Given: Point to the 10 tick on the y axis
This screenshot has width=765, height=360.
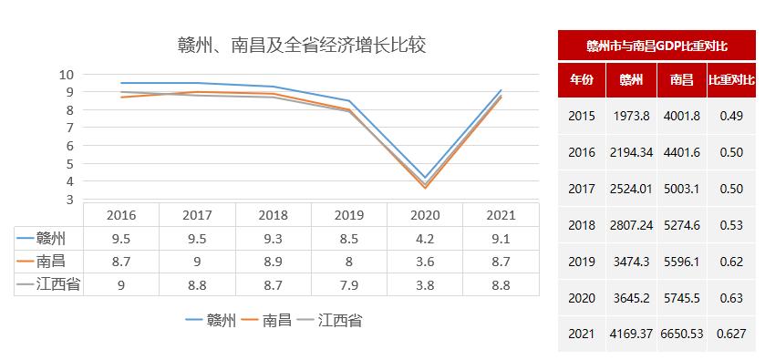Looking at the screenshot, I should click(x=67, y=74).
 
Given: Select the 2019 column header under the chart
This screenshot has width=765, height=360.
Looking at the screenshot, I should click(x=348, y=216).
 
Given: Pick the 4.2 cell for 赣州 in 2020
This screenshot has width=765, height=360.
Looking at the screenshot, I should click(x=424, y=239).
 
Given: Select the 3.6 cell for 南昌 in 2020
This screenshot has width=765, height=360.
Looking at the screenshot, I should click(x=424, y=262).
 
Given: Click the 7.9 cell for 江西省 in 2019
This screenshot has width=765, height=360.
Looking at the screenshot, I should click(x=348, y=284).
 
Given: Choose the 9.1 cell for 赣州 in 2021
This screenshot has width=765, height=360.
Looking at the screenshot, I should click(x=500, y=239).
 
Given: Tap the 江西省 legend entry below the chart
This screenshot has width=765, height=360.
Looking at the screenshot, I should click(x=336, y=321).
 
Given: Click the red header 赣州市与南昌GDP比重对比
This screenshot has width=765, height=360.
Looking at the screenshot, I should click(x=656, y=45).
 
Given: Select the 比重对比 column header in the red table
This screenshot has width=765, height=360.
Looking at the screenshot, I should click(x=731, y=80).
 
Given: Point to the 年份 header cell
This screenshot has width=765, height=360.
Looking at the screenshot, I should click(x=582, y=80).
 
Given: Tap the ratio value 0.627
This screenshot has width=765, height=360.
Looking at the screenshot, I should click(x=731, y=334).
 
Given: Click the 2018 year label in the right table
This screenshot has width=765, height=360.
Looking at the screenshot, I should click(x=581, y=225).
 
